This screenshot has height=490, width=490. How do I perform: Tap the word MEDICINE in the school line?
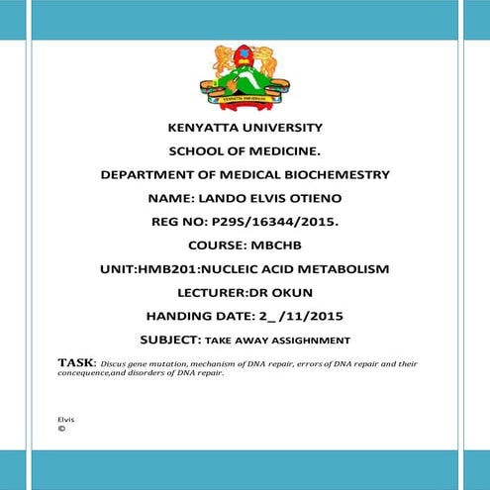[281, 151]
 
